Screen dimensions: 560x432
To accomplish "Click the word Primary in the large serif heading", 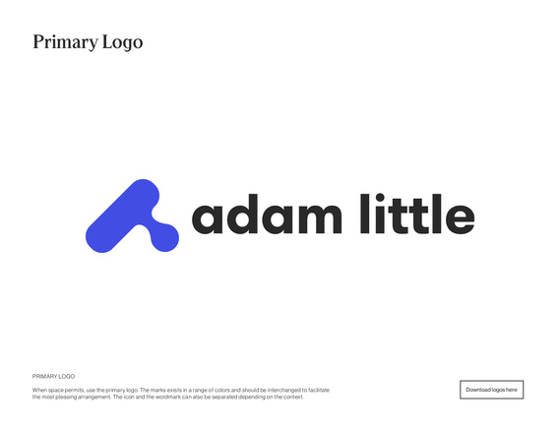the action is point(65,42).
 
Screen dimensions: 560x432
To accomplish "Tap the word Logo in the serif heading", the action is point(122,42).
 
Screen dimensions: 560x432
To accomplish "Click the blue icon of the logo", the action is point(132,216).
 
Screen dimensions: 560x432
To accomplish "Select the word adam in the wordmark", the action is point(267,214).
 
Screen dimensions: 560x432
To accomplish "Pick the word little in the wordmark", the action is point(417,214).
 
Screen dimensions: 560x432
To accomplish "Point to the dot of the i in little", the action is point(380,198).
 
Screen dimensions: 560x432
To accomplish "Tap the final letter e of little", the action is point(460,218).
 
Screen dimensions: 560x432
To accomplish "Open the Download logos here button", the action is point(491,390).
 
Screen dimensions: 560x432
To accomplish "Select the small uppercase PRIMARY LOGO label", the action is point(53,376).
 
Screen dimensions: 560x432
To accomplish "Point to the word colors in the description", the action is point(221,390).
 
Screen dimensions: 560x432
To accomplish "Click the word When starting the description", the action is point(39,390).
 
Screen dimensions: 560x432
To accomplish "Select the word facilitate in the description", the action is point(319,390).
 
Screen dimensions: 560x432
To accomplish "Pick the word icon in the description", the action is point(129,397).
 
